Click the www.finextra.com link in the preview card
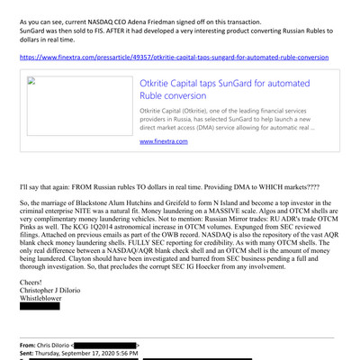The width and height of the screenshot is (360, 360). [163, 141]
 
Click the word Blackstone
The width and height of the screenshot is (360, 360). [93, 203]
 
